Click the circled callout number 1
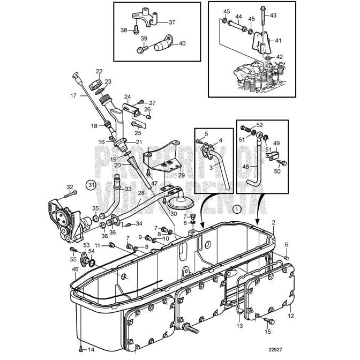tap(237, 209)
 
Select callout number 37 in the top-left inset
tap(172, 22)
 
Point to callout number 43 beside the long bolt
tap(273, 15)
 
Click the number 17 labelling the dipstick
tap(73, 95)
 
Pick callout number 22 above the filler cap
tap(99, 71)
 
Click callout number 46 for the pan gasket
tap(76, 269)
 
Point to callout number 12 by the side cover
tap(291, 316)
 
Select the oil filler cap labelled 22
tap(96, 84)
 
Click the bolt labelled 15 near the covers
tap(267, 320)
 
